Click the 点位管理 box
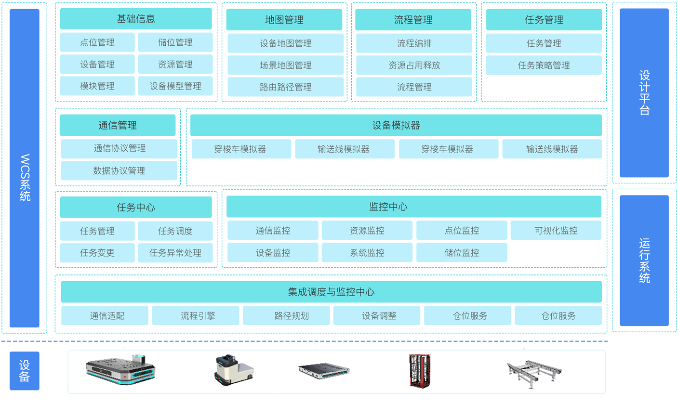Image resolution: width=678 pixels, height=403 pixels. pos(97,42)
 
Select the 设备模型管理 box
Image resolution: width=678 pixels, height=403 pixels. pos(175,86)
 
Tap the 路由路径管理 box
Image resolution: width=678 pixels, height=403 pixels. pos(285,87)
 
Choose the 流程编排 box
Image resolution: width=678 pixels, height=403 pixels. pos(414,43)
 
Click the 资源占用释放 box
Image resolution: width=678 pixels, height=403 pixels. pos(414,65)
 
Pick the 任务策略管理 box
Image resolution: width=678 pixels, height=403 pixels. pos(544,65)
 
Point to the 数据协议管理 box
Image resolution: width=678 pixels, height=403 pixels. pos(119,171)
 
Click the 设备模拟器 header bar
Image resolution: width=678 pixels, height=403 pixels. pos(396,126)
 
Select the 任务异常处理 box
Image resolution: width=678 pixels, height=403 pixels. pos(175,253)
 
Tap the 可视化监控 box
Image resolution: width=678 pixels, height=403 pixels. pos(556,231)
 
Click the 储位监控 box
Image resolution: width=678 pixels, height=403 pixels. pos(462,253)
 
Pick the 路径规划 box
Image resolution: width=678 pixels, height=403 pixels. pos(286,316)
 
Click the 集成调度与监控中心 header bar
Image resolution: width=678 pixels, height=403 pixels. pos(331,292)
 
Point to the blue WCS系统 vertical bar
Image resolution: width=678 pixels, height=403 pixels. pos(25,169)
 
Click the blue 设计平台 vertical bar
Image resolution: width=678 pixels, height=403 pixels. pos(644,93)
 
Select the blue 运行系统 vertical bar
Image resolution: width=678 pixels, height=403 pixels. pos(644,260)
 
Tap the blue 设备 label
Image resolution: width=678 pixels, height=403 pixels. pos(25,371)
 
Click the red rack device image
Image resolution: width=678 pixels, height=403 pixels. pos(419,371)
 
